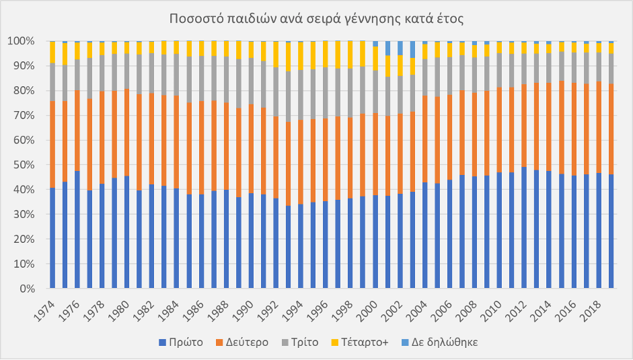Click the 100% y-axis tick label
click(x=27, y=41)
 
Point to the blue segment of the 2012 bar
click(x=524, y=229)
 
